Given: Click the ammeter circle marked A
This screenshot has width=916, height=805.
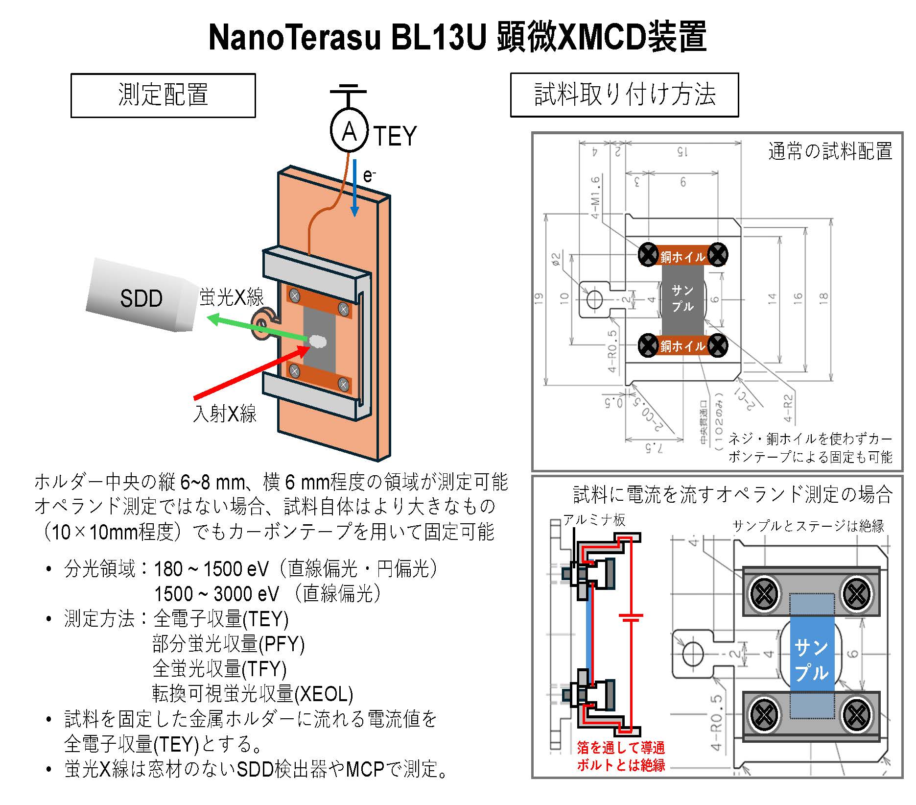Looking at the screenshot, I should (349, 131).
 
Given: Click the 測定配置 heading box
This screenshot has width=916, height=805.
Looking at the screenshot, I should (163, 96).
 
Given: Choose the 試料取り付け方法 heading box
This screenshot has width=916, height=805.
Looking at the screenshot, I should (624, 95).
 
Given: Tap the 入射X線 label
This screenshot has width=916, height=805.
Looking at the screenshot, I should (225, 414).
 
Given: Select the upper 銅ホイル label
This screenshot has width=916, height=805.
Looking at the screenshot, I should (682, 257).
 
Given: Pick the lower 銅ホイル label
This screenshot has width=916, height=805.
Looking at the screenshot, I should (682, 346).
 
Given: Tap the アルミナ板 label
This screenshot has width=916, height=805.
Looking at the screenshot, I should (594, 520).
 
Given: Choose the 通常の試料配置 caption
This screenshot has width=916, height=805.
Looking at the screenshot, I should (830, 151).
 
